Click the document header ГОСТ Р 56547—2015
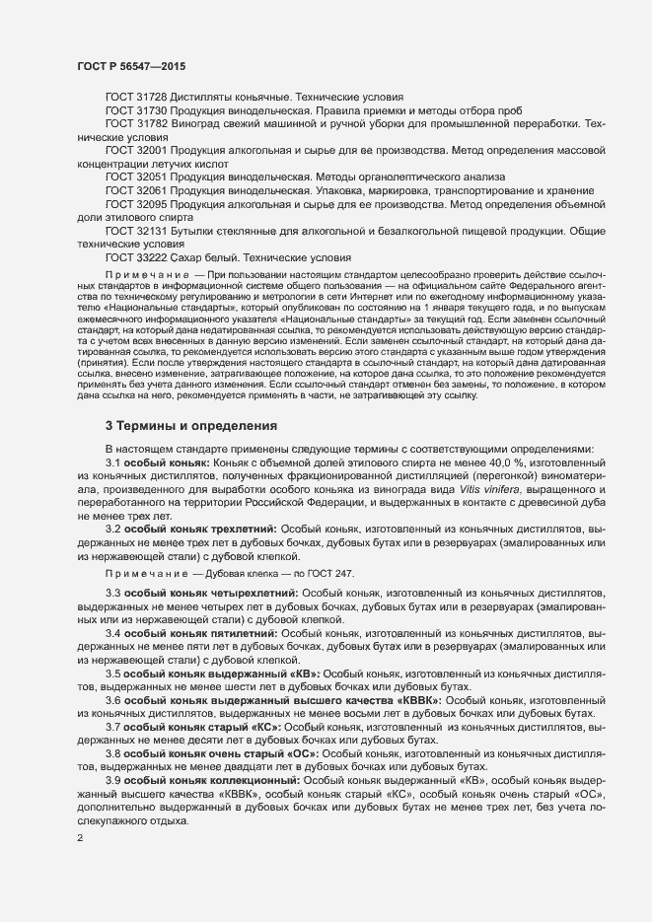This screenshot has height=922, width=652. pos(131,65)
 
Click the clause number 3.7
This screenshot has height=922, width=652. pos(112,726)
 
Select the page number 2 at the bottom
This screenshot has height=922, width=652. pos(79,838)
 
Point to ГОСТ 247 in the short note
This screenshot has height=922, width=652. pos(325,573)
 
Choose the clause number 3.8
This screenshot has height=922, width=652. pos(112,752)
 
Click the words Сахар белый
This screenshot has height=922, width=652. pos(201,256)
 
